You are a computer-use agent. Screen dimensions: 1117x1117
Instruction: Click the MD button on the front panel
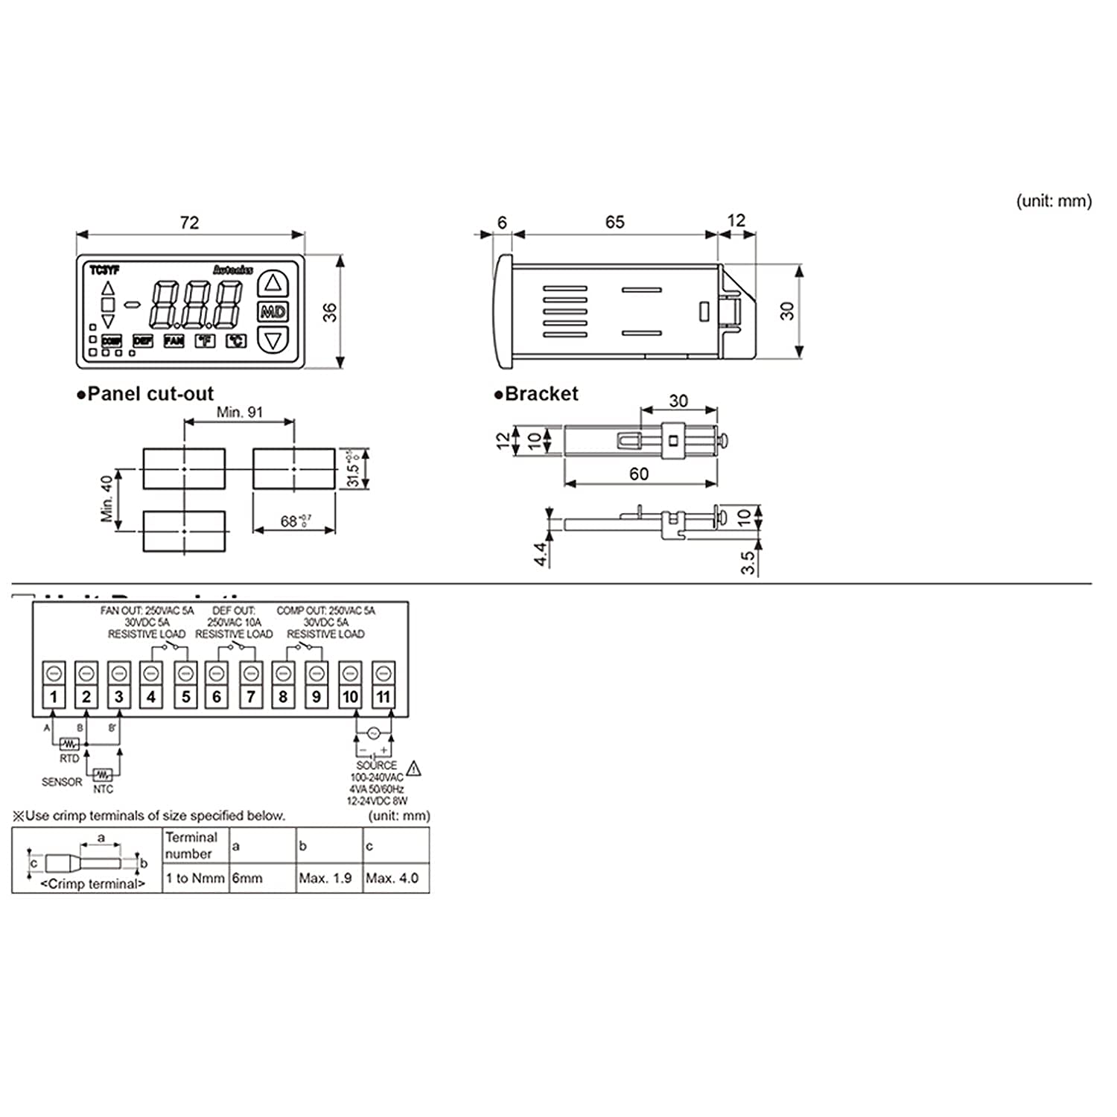[x=273, y=312]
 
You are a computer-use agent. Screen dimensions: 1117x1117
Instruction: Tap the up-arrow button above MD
[x=273, y=283]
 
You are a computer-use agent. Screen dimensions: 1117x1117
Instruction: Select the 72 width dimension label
[x=189, y=223]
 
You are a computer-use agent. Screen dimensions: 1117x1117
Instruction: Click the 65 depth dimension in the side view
[x=614, y=222]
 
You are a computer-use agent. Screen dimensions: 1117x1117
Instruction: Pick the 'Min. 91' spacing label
[x=239, y=412]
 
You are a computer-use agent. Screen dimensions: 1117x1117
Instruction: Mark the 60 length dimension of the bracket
[x=639, y=474]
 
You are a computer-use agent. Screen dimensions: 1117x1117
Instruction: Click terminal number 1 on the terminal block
[x=54, y=697]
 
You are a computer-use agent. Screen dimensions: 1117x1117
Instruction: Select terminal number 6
[x=217, y=697]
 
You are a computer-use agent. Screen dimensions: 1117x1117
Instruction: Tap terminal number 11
[x=383, y=697]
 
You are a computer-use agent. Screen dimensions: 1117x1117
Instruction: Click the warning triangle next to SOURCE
[x=414, y=768]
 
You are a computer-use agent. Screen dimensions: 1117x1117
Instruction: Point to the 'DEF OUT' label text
[x=234, y=611]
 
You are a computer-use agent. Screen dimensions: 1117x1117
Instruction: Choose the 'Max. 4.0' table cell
[x=392, y=879]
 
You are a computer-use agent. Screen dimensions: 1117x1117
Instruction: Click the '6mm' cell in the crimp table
[x=248, y=879]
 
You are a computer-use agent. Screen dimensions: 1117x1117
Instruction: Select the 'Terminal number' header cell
[x=191, y=846]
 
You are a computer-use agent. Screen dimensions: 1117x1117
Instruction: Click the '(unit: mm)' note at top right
[x=1054, y=201]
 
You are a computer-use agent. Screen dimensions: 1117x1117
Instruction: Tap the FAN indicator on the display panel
[x=174, y=341]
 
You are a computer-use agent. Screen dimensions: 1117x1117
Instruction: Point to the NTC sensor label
[x=103, y=789]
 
